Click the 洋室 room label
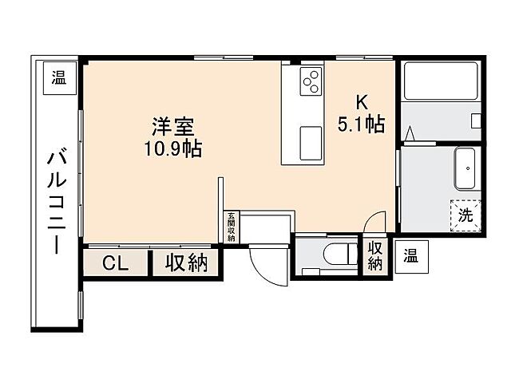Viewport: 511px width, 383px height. [x=173, y=127]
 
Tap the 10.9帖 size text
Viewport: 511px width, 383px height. [x=173, y=148]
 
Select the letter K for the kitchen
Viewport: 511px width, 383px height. [x=361, y=102]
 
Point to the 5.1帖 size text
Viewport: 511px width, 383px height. [x=361, y=124]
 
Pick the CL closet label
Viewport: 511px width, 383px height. [x=117, y=263]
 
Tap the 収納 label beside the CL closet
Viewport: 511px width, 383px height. [x=187, y=263]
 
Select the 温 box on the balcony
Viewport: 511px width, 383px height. [x=59, y=78]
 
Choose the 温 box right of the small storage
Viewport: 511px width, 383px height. [x=410, y=256]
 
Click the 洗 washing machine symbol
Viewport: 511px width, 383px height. [x=465, y=214]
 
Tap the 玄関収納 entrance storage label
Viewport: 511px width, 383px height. [x=231, y=227]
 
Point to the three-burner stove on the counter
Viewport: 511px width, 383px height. [x=310, y=79]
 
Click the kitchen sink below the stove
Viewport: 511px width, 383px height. [x=311, y=143]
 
